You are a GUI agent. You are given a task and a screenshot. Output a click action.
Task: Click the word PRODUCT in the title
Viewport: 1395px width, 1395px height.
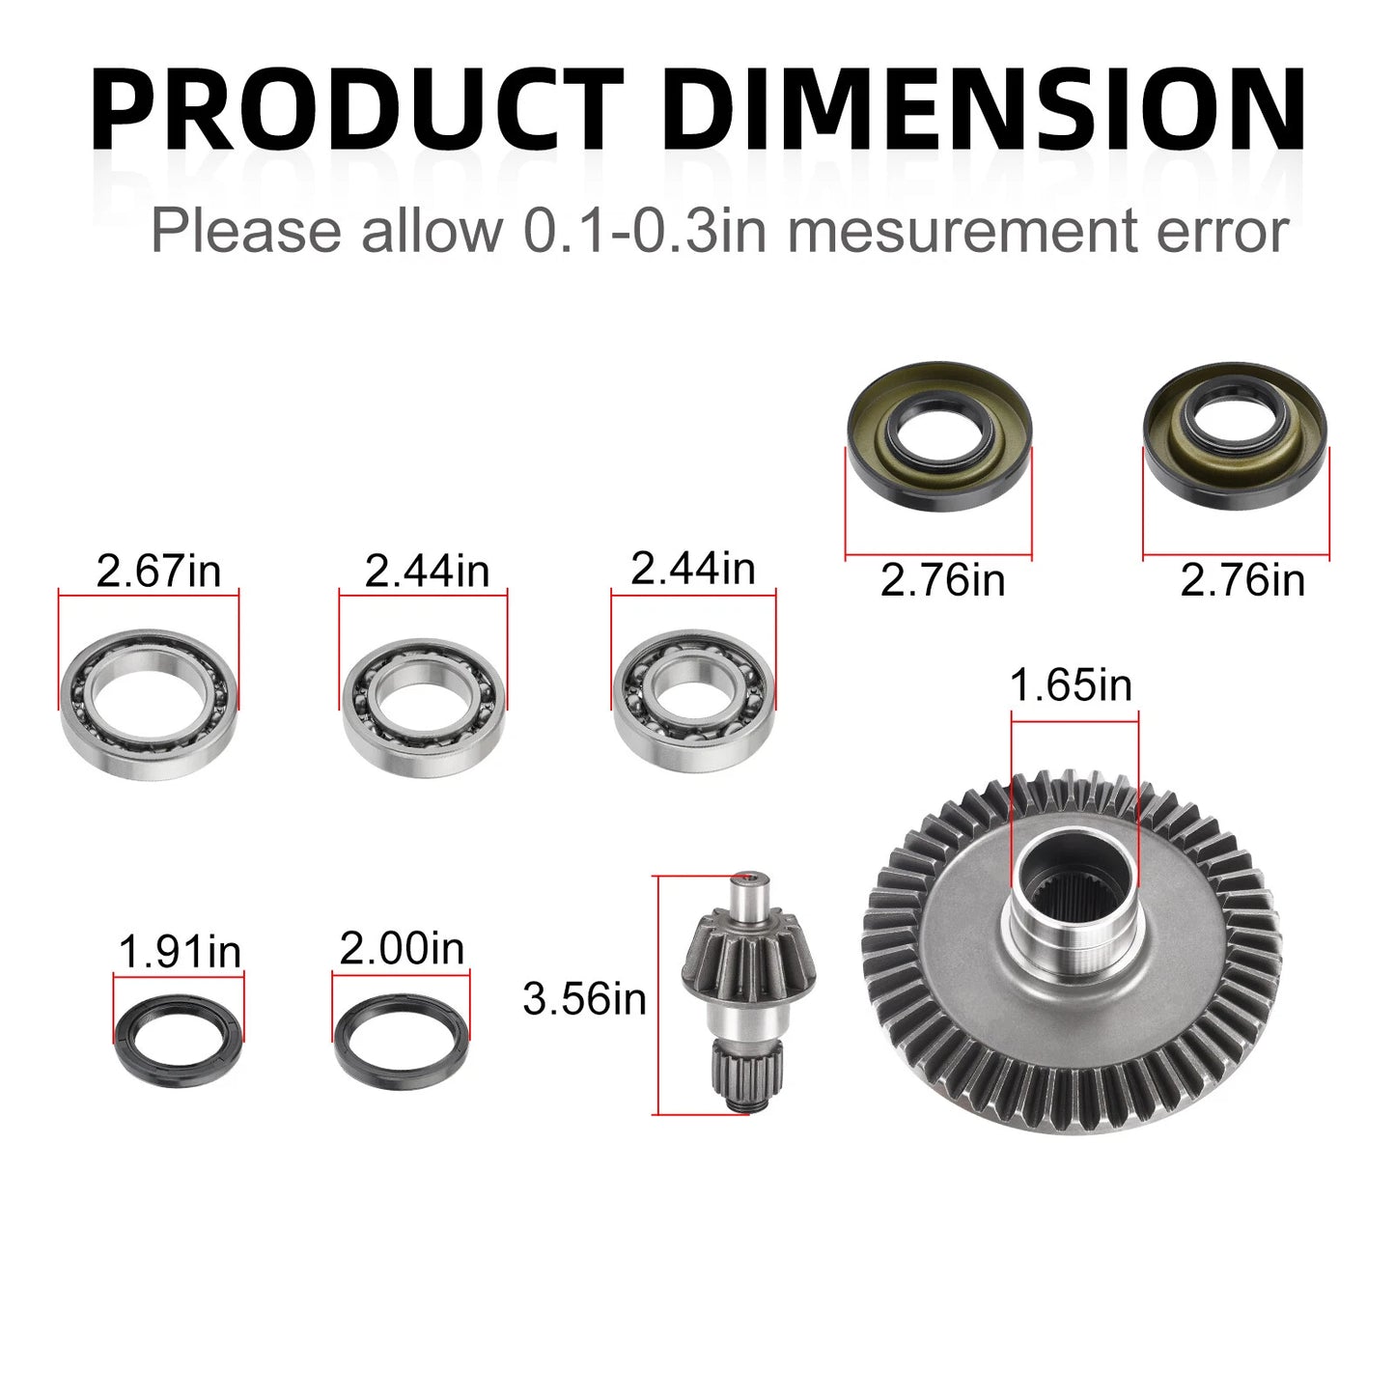357,108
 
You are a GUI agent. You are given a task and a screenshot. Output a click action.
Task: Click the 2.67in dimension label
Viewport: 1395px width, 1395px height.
158,571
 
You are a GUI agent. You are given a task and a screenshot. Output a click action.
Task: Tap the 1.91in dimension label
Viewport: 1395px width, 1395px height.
180,952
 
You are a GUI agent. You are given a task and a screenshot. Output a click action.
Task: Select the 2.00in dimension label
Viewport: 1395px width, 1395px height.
402,948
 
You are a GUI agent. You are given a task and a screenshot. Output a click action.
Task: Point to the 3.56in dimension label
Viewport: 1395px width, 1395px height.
584,998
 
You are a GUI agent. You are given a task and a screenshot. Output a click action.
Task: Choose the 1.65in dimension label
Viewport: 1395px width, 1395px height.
1071,685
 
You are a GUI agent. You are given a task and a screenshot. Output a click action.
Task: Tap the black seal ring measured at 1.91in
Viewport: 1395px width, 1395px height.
179,1039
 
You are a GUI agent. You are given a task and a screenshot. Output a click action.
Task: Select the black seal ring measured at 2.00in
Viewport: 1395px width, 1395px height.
402,1039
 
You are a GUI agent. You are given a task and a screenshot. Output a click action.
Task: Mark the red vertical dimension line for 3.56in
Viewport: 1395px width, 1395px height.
656,994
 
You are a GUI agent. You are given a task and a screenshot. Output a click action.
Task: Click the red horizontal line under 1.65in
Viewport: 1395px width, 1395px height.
1074,713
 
